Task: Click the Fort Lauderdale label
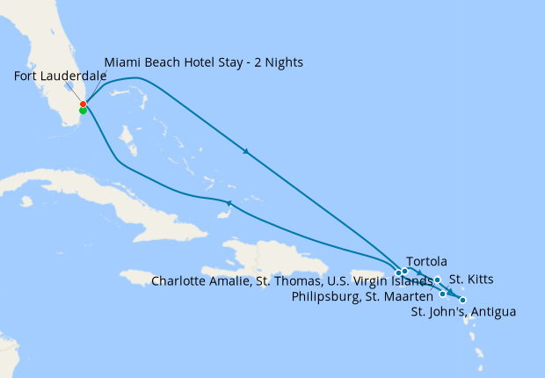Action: [61, 76]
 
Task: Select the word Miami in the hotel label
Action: [122, 62]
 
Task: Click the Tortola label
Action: [427, 261]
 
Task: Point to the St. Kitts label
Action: [471, 280]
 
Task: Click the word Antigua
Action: [494, 311]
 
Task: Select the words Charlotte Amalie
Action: [196, 281]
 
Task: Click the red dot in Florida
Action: [83, 105]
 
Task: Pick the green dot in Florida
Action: [83, 111]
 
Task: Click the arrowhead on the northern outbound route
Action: [246, 152]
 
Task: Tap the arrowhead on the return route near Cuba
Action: [229, 204]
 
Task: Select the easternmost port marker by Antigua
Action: [462, 301]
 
